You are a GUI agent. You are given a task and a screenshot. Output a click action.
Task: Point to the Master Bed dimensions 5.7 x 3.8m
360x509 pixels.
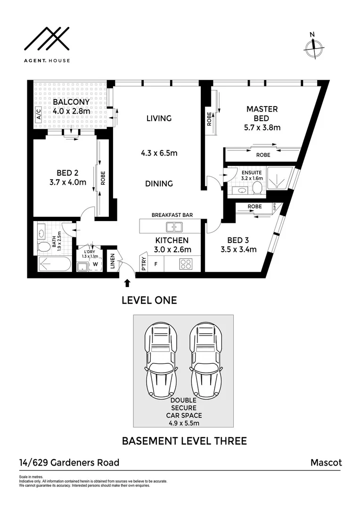click(263, 127)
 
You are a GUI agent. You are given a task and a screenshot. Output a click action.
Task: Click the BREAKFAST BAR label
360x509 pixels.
click(172, 215)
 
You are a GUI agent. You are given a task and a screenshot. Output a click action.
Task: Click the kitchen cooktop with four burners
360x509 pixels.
click(186, 264)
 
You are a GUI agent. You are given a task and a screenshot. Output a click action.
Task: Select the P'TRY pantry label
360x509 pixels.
click(143, 263)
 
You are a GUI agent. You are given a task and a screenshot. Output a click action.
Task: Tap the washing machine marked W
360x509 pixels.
click(95, 265)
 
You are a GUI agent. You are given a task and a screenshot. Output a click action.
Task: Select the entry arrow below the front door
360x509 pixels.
click(127, 283)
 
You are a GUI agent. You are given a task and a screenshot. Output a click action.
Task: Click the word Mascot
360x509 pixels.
click(326, 462)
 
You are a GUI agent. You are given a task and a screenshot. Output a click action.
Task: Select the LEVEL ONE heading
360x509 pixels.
click(149, 300)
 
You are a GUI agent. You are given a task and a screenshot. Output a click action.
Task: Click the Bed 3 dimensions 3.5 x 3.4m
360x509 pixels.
click(238, 249)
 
